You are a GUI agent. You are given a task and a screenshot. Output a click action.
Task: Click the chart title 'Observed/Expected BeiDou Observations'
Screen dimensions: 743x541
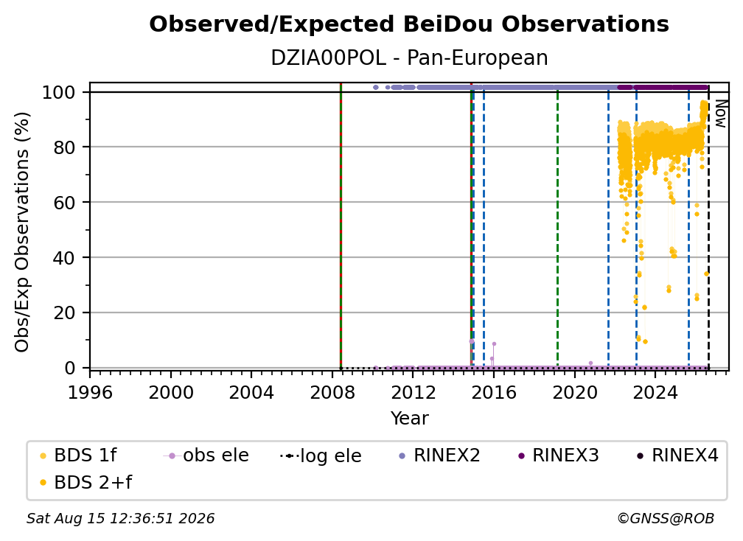tap(409, 24)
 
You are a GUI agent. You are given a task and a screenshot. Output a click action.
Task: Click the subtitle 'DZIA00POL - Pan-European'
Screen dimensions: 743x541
tap(409, 57)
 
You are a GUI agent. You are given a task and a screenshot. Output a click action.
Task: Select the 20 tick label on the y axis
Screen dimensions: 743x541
tap(64, 313)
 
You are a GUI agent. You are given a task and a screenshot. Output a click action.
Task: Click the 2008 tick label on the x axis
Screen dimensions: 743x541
tap(332, 393)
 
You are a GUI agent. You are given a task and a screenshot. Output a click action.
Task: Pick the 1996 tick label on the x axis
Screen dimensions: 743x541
tap(90, 393)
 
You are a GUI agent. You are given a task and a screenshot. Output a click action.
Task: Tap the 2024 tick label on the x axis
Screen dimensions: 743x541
tap(655, 393)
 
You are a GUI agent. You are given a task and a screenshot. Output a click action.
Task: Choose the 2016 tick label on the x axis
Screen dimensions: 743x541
tap(494, 393)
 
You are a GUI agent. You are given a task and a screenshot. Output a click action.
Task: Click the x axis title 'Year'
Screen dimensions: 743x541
tap(409, 419)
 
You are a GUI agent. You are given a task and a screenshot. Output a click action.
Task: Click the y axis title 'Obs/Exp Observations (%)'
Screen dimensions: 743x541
tap(22, 232)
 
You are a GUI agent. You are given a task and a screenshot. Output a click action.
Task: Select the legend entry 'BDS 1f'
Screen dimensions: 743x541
tap(78, 456)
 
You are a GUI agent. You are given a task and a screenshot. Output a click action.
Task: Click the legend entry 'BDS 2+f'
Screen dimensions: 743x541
tap(86, 482)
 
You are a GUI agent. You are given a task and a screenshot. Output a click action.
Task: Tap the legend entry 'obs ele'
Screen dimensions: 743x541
tap(206, 456)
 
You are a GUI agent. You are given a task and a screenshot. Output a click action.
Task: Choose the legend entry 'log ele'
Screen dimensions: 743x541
tap(321, 456)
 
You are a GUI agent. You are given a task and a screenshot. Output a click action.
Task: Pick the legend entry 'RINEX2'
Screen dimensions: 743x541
tap(439, 456)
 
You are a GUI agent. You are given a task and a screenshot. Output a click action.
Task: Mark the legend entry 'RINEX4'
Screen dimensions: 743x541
tap(677, 456)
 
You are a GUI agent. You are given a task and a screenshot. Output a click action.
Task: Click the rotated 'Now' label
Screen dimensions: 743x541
tap(720, 114)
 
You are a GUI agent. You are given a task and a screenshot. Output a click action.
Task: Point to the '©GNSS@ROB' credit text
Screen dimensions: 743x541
tap(666, 519)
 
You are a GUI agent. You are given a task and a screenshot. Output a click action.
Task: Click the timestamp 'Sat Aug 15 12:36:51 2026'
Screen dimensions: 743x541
tap(120, 519)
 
